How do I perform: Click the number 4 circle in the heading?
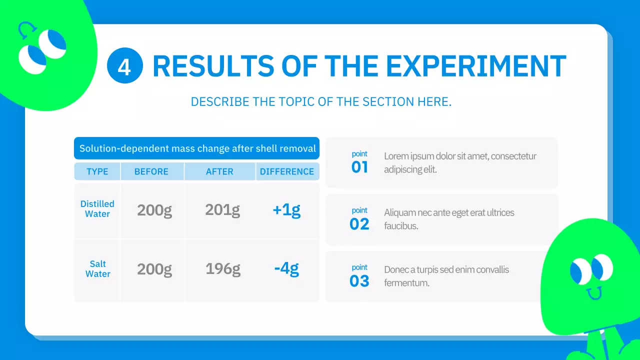click(125, 65)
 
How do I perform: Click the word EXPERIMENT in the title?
click(476, 66)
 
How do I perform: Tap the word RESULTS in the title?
click(213, 66)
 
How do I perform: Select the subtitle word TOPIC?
click(296, 101)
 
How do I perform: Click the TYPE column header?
click(97, 171)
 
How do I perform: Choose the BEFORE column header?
click(151, 171)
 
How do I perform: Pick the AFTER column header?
click(219, 171)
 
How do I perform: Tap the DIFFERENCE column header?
click(287, 171)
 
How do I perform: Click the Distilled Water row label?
click(97, 209)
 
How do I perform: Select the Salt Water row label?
click(97, 269)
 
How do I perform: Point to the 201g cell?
click(222, 210)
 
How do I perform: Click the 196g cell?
click(223, 269)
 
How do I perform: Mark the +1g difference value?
click(286, 210)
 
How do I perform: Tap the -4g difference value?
click(286, 269)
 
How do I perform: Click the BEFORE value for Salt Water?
click(154, 269)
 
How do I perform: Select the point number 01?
click(359, 167)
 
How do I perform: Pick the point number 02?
click(359, 224)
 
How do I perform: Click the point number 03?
click(359, 281)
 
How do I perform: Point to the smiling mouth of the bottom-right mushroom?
click(594, 293)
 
